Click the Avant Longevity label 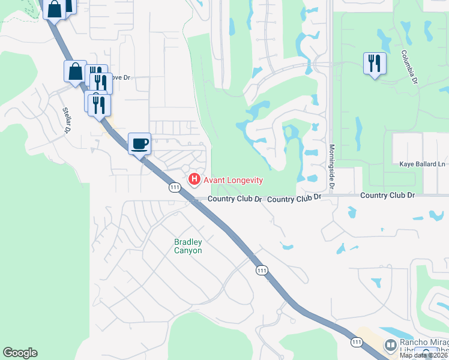coord(234,180)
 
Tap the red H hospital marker coord(194,179)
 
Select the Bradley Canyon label coord(188,246)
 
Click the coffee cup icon coord(139,144)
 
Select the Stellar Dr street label coord(67,119)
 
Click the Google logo coord(20,353)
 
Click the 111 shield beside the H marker coord(175,188)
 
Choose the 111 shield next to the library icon coord(357,341)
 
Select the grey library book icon coord(391,346)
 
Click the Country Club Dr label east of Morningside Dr coord(388,196)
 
